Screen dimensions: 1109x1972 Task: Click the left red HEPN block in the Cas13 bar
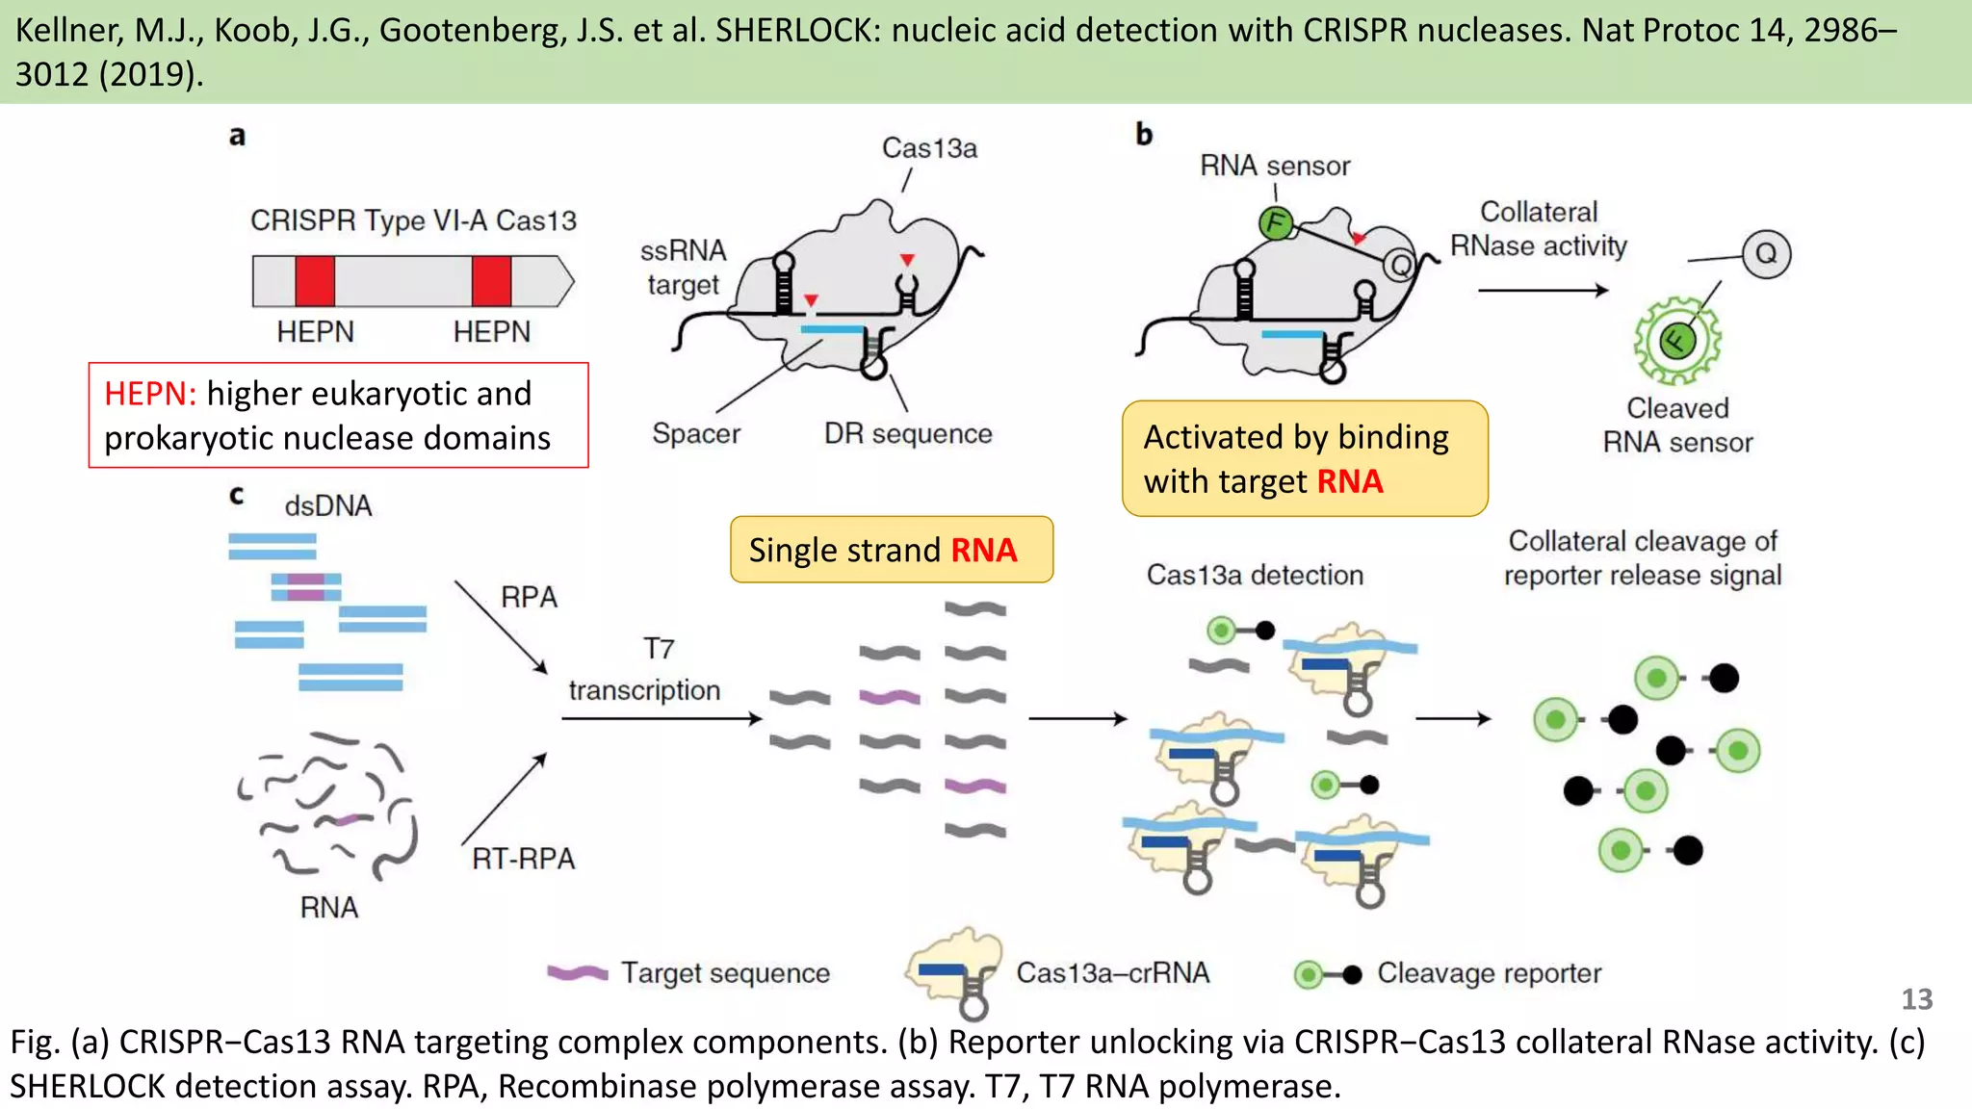coord(315,281)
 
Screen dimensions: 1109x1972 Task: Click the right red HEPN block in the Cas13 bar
coord(491,281)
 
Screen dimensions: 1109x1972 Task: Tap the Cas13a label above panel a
coord(929,148)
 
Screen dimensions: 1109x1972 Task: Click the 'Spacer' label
coord(695,433)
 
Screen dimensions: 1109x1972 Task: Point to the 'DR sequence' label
coord(907,433)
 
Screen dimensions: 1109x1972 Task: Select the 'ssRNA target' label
coord(683,268)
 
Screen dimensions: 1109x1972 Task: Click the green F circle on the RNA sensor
coord(1276,223)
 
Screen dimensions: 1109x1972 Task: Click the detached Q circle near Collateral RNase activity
coord(1766,254)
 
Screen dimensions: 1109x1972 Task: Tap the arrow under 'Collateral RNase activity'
coord(1543,290)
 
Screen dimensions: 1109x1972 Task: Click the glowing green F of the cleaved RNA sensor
coord(1676,340)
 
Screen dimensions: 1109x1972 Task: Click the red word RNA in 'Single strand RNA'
coord(983,550)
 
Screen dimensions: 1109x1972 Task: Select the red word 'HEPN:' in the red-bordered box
coord(150,394)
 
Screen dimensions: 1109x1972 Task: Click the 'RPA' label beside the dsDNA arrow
coord(529,597)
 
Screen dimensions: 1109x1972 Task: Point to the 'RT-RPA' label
coord(523,858)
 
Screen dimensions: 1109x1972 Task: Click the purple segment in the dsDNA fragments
coord(306,587)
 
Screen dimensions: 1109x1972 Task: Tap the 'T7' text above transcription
coord(659,649)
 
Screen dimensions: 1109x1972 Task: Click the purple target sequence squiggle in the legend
coord(577,973)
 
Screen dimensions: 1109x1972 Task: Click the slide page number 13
coord(1916,999)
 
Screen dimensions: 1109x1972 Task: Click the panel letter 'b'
coord(1144,134)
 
